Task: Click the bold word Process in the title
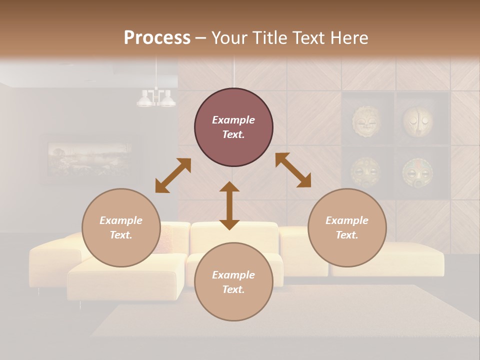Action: coord(157,38)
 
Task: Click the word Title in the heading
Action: coord(268,38)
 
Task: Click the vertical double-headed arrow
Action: coord(229,205)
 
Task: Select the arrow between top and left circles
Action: coord(173,175)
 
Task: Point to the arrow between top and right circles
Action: coord(293,170)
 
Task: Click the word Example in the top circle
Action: coord(233,120)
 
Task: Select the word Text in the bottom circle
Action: coord(233,289)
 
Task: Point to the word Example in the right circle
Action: coord(347,220)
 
